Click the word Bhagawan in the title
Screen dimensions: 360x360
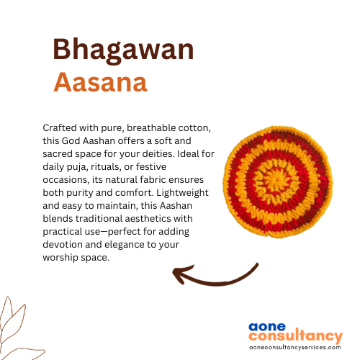click(123, 50)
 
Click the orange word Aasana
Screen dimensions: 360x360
click(100, 82)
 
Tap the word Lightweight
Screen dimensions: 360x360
click(182, 193)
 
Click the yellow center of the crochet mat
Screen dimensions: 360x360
click(277, 182)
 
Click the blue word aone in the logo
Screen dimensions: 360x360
click(267, 327)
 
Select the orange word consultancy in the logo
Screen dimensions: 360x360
click(296, 336)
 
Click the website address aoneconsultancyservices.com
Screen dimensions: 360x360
click(295, 347)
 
